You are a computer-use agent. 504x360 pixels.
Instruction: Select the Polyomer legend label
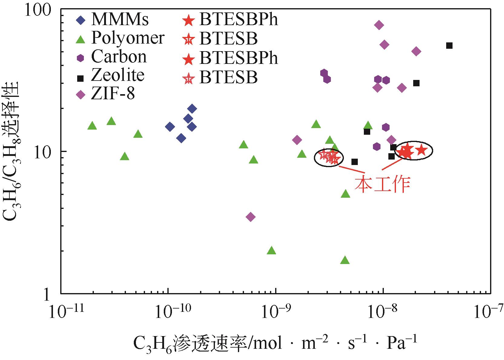[x=128, y=38]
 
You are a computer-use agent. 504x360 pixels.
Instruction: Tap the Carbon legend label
[x=119, y=57]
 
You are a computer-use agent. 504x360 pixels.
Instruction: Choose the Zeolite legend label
[x=118, y=75]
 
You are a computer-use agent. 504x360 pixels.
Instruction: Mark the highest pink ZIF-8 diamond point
[x=379, y=25]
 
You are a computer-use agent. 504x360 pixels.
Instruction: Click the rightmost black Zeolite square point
[x=450, y=45]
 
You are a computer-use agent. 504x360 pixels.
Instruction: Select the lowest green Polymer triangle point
[x=345, y=260]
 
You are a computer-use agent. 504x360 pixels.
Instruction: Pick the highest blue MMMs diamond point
[x=192, y=108]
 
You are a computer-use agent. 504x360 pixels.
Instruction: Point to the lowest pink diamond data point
[x=251, y=217]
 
